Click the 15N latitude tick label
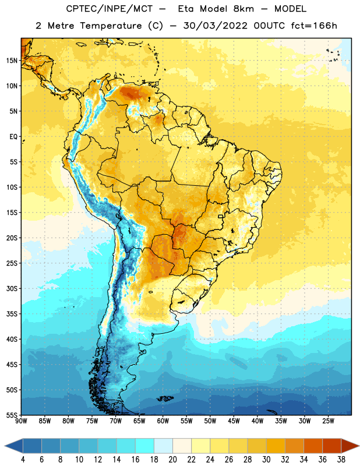click(12, 61)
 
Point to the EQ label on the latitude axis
click(13, 137)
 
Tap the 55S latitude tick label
click(12, 415)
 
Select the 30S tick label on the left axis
click(12, 288)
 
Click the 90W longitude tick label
click(21, 421)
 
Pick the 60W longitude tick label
click(163, 421)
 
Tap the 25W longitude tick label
click(328, 421)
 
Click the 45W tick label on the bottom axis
click(234, 421)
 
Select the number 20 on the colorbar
click(172, 460)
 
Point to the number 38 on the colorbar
click(341, 460)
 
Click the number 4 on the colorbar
click(23, 460)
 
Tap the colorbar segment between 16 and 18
click(145, 446)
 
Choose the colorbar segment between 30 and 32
click(276, 446)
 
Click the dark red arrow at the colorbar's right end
click(349, 446)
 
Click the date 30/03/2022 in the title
click(215, 26)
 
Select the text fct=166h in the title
click(314, 26)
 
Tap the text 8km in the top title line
click(243, 9)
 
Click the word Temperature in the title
click(111, 26)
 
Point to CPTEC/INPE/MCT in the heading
click(109, 9)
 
